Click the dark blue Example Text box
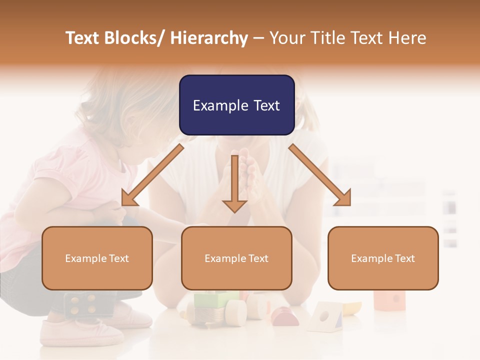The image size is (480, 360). coord(236,105)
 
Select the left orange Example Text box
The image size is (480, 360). coord(97,258)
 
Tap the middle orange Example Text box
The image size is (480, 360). coord(236,258)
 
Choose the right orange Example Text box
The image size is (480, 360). coord(383,258)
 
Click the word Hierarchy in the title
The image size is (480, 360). coord(209,38)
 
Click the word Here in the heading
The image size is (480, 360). coord(407,38)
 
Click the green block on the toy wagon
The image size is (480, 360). coord(210,300)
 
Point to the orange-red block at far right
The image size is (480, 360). coord(390,299)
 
